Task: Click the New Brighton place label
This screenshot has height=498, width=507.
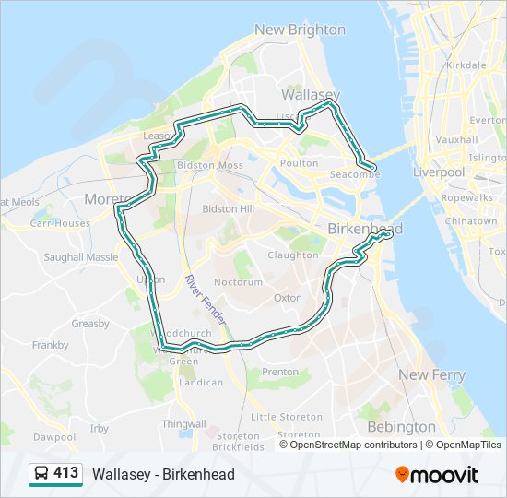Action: [300, 30]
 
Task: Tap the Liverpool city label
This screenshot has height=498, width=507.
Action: [438, 172]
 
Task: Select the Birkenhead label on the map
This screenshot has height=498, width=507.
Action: [365, 228]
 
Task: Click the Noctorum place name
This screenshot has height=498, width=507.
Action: [238, 282]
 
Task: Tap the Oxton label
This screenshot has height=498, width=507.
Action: [288, 298]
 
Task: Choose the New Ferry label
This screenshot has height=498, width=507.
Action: [431, 374]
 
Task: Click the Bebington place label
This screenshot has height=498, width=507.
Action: [401, 427]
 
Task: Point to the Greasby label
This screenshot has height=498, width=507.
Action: [90, 324]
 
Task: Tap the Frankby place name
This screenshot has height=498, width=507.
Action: [50, 345]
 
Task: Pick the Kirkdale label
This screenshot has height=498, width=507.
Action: [465, 65]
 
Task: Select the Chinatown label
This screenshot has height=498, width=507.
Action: [471, 221]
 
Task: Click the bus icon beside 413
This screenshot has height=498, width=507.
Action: [41, 474]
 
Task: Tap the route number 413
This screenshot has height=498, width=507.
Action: [66, 473]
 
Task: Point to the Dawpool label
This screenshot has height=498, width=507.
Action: [54, 436]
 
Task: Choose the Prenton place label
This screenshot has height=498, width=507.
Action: [280, 372]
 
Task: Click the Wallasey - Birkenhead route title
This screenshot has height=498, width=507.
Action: [163, 474]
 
